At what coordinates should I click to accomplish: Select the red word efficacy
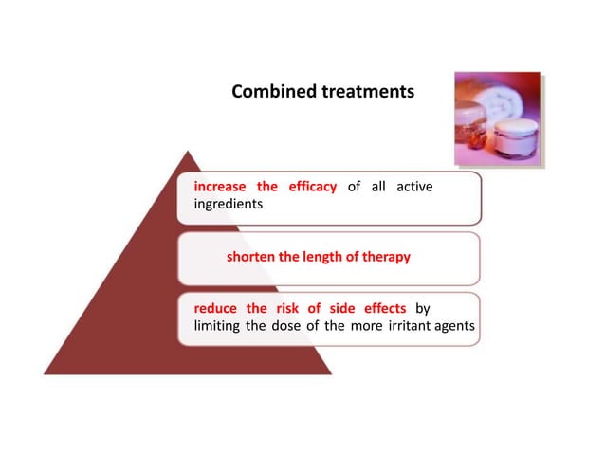tap(307, 187)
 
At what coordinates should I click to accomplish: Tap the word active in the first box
tap(414, 187)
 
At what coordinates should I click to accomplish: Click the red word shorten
tap(251, 257)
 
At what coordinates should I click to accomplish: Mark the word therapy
tap(386, 257)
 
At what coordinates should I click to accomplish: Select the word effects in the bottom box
tap(380, 309)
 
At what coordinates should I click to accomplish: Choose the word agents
tap(457, 326)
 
